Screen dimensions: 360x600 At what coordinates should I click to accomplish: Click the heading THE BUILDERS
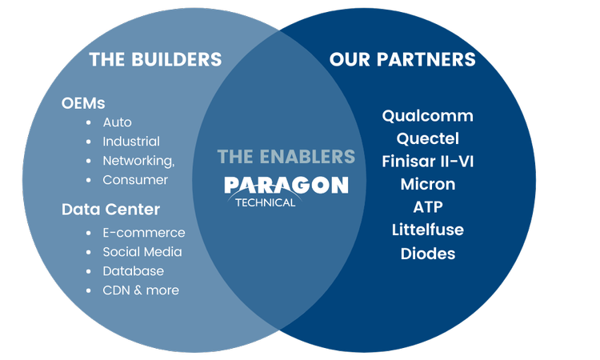pyautogui.click(x=155, y=59)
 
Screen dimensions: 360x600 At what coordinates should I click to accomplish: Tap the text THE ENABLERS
pyautogui.click(x=286, y=156)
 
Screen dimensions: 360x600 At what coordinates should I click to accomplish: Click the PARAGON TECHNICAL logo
pyautogui.click(x=286, y=190)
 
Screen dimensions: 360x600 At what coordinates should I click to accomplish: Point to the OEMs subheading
pyautogui.click(x=83, y=103)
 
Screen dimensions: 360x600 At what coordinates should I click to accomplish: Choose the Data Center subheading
pyautogui.click(x=110, y=210)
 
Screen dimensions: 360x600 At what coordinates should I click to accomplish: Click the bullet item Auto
pyautogui.click(x=117, y=122)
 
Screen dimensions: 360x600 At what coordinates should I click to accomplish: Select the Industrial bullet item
pyautogui.click(x=131, y=142)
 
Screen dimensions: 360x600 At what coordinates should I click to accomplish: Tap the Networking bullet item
pyautogui.click(x=138, y=161)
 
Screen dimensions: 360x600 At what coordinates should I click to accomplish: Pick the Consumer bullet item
pyautogui.click(x=135, y=180)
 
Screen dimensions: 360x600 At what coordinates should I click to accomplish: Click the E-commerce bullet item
pyautogui.click(x=143, y=233)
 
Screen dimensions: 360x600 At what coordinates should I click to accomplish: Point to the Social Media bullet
pyautogui.click(x=142, y=252)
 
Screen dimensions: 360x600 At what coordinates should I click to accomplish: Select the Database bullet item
pyautogui.click(x=133, y=271)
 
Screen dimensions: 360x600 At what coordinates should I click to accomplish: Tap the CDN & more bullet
pyautogui.click(x=141, y=290)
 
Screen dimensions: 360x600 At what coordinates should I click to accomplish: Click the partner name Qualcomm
pyautogui.click(x=427, y=116)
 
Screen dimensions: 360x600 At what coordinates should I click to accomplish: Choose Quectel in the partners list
pyautogui.click(x=427, y=138)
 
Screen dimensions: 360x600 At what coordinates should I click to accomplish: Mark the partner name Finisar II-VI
pyautogui.click(x=427, y=162)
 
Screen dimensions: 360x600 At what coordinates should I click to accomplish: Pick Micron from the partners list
pyautogui.click(x=427, y=184)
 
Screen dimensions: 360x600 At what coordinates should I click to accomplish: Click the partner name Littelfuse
pyautogui.click(x=427, y=230)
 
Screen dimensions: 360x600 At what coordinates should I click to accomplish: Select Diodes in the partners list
pyautogui.click(x=427, y=254)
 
